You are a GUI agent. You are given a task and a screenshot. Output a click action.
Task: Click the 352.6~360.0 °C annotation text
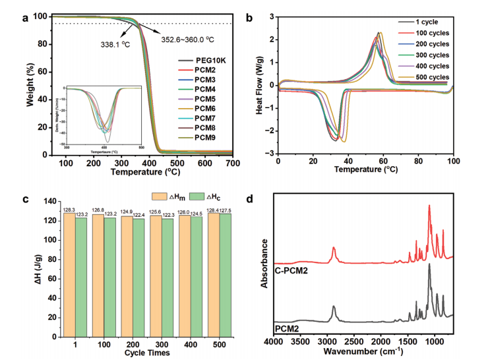[187, 40]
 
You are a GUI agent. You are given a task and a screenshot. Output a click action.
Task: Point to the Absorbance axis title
[264, 264]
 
